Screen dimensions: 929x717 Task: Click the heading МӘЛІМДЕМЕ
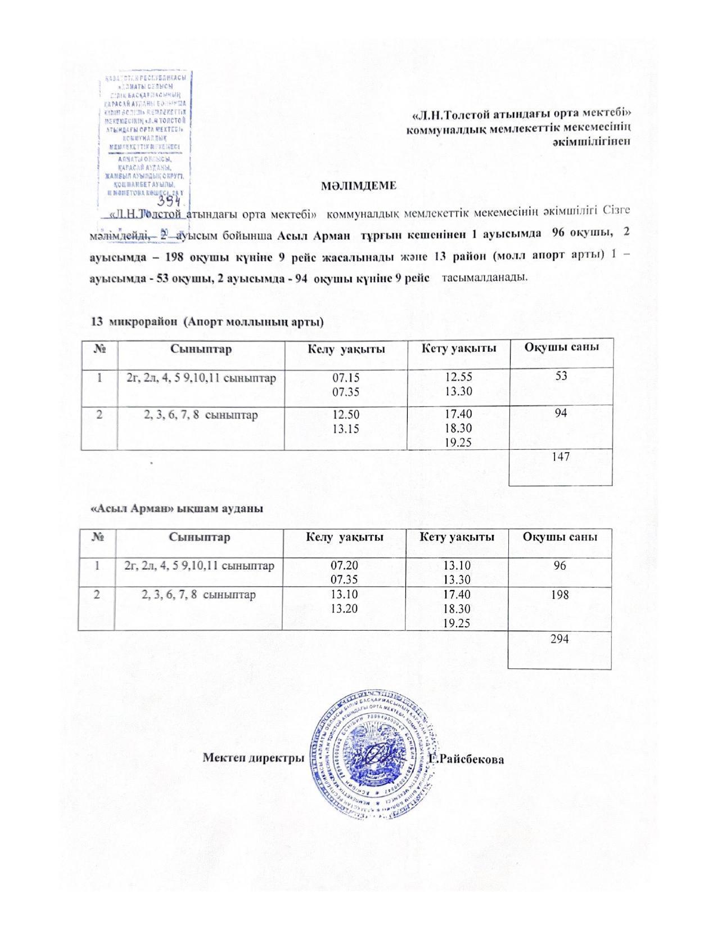[358, 185]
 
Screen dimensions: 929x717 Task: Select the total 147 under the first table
[561, 456]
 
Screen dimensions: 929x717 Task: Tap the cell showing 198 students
[560, 594]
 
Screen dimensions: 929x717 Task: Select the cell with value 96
[559, 565]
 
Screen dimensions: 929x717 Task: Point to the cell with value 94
[560, 413]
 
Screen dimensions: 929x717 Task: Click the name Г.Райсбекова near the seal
[466, 759]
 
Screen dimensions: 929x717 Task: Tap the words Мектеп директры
[253, 758]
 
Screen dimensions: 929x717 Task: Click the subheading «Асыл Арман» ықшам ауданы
[178, 508]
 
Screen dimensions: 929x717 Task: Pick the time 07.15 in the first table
[345, 376]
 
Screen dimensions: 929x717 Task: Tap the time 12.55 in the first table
[458, 376]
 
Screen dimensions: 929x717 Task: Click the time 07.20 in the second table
[344, 565]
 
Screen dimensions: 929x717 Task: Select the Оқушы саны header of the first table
[561, 346]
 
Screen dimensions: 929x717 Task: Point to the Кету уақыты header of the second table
[457, 537]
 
